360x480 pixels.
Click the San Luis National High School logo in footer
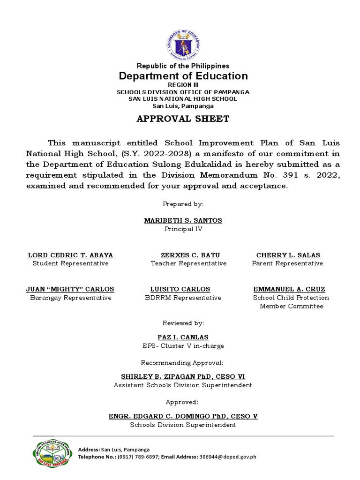[x=50, y=453]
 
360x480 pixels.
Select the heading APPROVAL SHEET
[x=183, y=119]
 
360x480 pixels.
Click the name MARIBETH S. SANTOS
[x=183, y=220]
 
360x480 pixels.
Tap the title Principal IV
[x=183, y=229]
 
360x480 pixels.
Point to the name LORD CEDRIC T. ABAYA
[x=70, y=255]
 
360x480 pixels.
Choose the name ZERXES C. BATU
[x=190, y=255]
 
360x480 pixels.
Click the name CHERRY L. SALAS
[x=288, y=255]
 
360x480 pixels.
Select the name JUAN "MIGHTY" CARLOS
[x=70, y=289]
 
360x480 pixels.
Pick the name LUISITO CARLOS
[x=180, y=289]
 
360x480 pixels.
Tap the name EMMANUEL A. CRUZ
[x=289, y=289]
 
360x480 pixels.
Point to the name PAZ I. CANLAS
[x=183, y=337]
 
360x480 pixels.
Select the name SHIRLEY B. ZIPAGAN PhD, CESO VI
[x=183, y=376]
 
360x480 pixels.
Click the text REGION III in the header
[x=183, y=85]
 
